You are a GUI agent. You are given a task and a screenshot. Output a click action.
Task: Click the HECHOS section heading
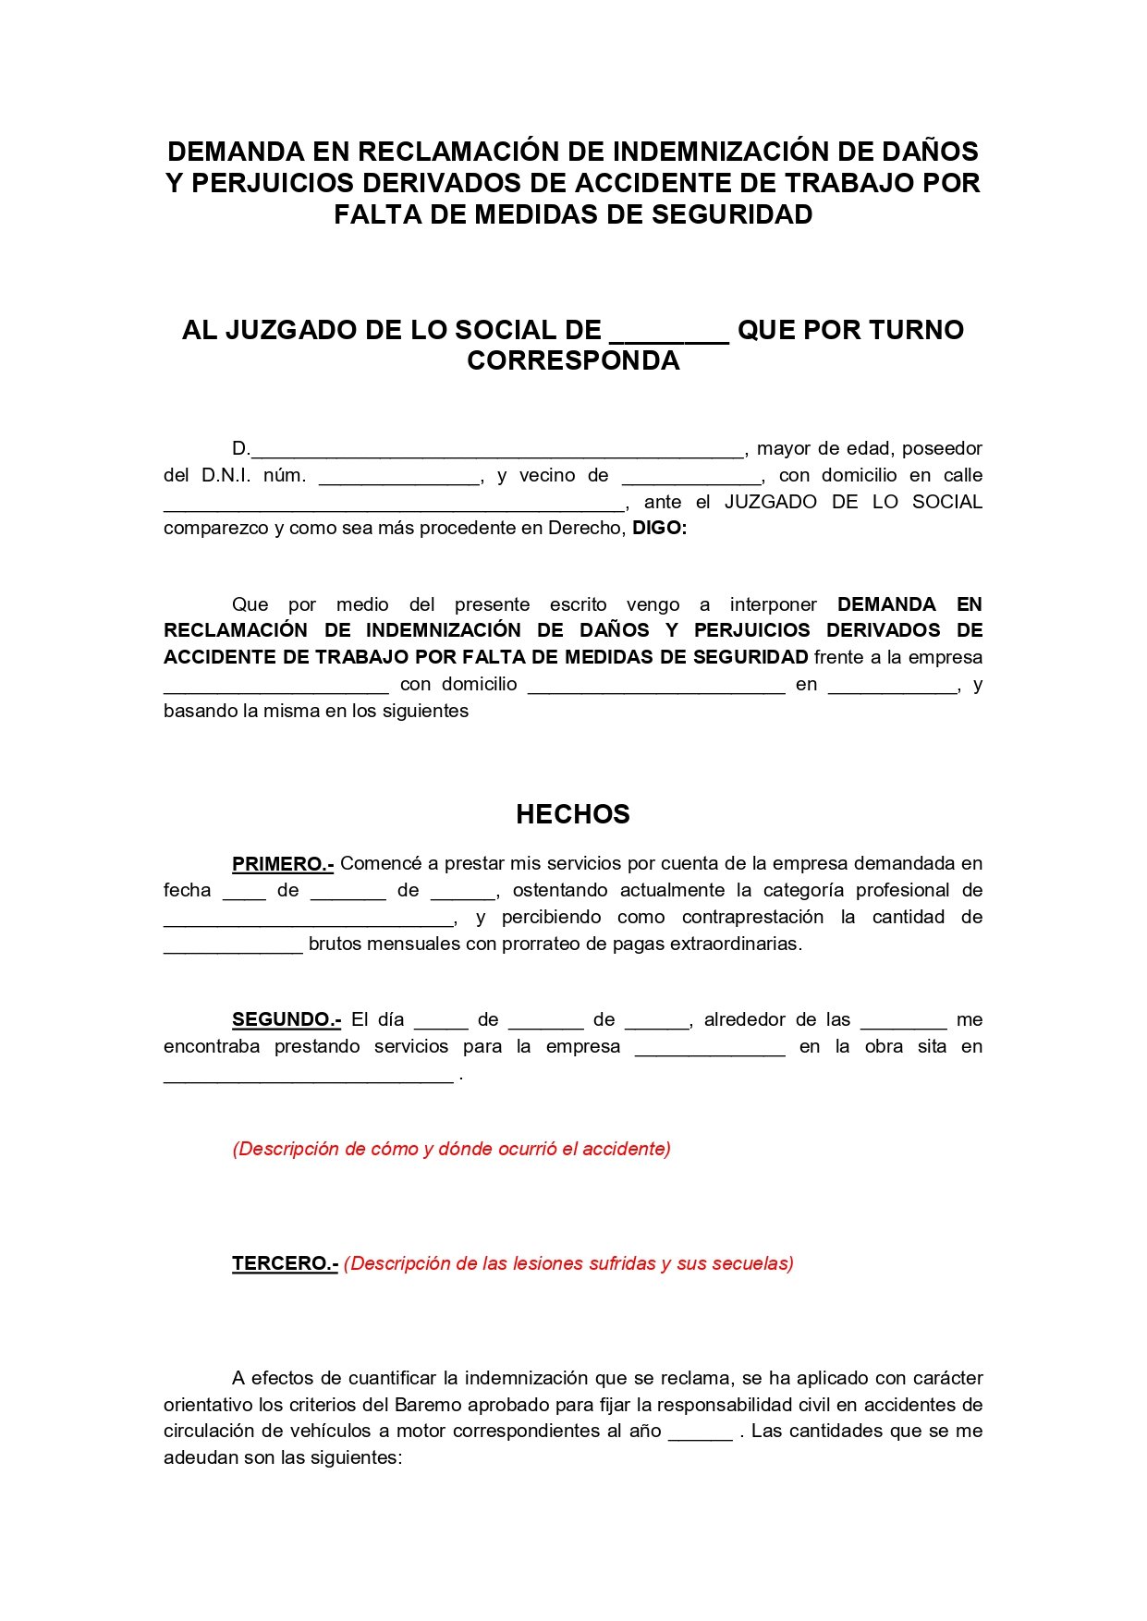tap(573, 814)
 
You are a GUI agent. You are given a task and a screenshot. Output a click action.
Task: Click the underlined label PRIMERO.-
tap(283, 864)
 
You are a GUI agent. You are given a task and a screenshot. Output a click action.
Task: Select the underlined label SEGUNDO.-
tap(287, 1020)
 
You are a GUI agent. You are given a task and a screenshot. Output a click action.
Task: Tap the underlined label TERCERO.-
tap(285, 1263)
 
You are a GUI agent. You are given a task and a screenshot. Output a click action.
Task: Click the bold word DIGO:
tap(659, 529)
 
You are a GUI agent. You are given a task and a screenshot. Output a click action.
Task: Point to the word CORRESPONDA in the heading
tap(573, 361)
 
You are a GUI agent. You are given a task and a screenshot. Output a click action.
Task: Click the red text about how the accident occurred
tap(451, 1149)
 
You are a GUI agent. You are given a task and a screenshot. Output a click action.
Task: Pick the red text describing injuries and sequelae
tap(568, 1263)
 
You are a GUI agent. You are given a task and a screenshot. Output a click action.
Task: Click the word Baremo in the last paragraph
tap(428, 1405)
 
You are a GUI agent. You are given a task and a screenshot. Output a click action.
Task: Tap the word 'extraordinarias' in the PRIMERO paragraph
tap(735, 945)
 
